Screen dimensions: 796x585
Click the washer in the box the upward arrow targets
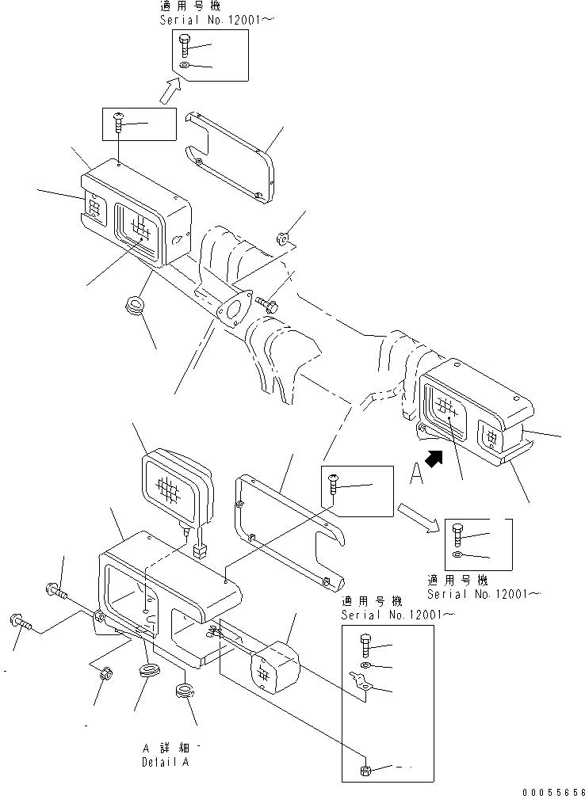(x=184, y=67)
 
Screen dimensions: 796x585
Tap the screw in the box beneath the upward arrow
(x=119, y=120)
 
